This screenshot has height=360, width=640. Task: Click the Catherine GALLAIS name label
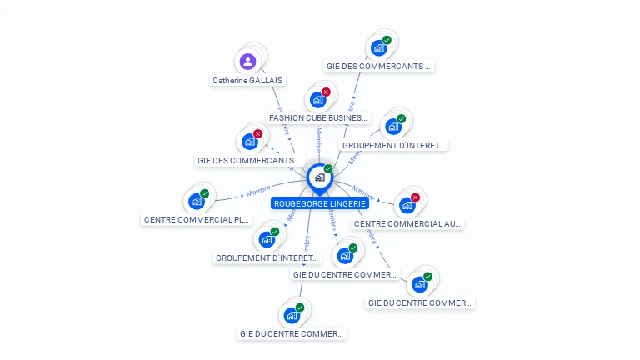point(247,81)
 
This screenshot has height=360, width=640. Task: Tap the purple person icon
point(247,61)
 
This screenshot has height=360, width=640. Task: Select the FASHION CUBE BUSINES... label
point(317,118)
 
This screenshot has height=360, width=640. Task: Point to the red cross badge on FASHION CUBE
point(326,92)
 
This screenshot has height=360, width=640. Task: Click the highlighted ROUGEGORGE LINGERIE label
point(320,202)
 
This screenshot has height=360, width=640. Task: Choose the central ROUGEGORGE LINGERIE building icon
point(319,177)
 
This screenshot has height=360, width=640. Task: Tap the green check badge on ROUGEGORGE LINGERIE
point(328,169)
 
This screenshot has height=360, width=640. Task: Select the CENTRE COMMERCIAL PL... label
point(197,220)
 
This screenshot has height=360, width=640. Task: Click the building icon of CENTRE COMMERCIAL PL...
point(196,202)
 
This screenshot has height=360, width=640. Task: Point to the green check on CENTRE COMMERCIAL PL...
point(205,193)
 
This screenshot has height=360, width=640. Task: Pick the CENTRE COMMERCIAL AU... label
point(407,223)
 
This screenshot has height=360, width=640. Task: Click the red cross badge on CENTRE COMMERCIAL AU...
point(415,197)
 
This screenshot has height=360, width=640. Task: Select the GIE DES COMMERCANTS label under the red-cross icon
point(249,160)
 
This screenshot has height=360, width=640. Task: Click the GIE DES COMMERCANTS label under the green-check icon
point(379,66)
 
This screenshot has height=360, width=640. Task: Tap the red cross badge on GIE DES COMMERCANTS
point(257,133)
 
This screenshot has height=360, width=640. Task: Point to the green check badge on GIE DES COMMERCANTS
point(387,40)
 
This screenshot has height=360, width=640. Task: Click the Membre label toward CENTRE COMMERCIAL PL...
point(257,192)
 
